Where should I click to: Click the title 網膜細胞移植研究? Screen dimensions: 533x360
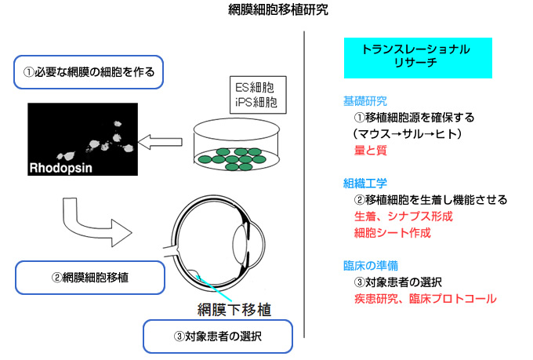coord(278,10)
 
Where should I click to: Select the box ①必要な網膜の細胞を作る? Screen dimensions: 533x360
coord(89,72)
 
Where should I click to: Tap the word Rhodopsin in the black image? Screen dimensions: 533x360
coord(61,168)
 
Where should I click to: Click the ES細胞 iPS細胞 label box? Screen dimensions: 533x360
coord(258,95)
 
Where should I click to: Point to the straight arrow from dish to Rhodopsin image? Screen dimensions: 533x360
coord(160,142)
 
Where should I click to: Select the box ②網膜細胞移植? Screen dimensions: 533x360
coord(90,278)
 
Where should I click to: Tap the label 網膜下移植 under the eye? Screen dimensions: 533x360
coord(234,310)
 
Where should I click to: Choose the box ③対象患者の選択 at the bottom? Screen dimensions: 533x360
coord(218,336)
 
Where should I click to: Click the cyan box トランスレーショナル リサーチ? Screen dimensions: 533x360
coord(418,58)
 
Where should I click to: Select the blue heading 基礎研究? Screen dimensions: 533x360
coord(365,101)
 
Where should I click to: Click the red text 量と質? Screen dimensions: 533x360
coord(371,150)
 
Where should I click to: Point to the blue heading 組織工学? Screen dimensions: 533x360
coord(365,184)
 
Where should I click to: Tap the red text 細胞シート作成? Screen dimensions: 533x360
coord(393,233)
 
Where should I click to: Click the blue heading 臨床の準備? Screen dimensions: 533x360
coord(371,266)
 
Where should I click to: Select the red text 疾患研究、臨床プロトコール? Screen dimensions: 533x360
coord(426,299)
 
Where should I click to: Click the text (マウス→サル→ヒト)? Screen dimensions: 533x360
coord(408,133)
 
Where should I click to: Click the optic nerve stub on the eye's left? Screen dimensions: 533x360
coord(171,252)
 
